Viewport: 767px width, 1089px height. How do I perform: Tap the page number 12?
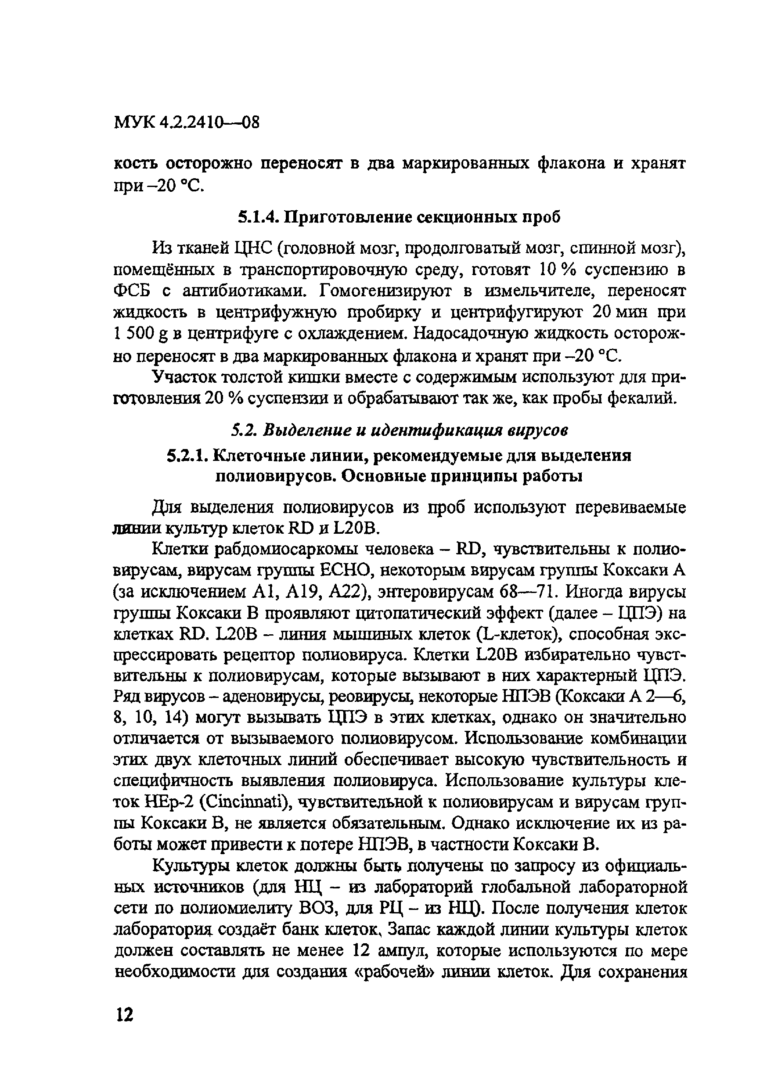coord(124,1016)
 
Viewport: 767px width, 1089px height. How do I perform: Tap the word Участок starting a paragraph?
coord(184,377)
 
